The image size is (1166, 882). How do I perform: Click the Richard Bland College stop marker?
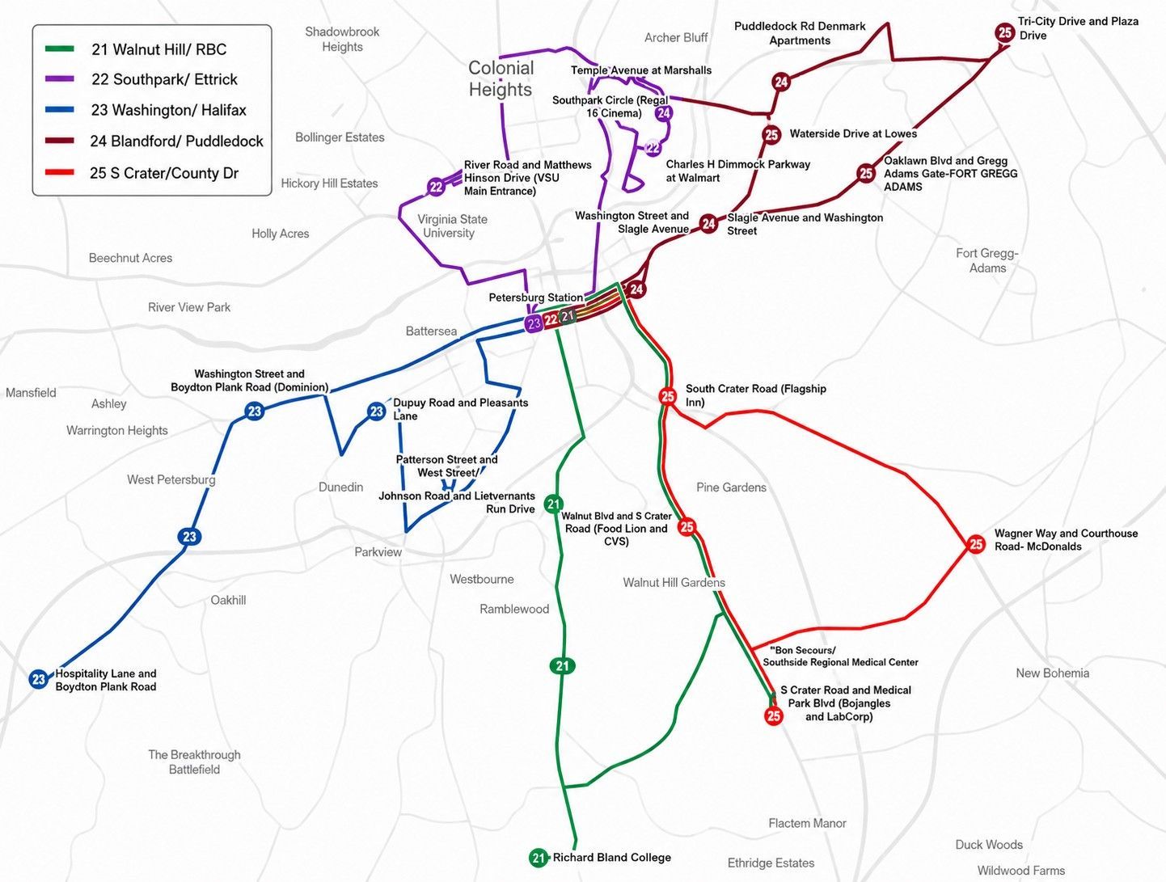click(539, 857)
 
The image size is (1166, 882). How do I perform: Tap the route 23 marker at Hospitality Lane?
click(39, 679)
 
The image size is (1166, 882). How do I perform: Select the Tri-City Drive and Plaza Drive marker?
click(1004, 33)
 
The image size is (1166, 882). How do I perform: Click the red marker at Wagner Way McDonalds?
click(976, 544)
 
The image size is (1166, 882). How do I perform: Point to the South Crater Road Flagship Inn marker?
click(667, 396)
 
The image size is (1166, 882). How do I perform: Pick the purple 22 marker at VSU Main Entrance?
click(436, 187)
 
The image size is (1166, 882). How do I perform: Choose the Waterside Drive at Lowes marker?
click(771, 135)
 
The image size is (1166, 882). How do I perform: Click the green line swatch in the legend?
click(60, 49)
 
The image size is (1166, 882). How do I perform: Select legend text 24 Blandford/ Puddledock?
click(177, 141)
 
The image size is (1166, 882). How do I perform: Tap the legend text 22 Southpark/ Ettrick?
click(165, 80)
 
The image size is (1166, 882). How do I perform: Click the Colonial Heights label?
click(501, 78)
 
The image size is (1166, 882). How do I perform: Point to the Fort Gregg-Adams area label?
click(987, 260)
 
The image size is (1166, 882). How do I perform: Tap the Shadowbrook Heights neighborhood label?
click(342, 40)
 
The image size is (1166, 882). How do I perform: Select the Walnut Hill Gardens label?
click(674, 583)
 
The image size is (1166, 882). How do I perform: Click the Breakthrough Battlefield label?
click(194, 762)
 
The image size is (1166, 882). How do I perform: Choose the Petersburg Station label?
click(535, 298)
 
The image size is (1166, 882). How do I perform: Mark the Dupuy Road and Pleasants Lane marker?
click(376, 411)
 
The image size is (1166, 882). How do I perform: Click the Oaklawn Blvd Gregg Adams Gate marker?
click(866, 173)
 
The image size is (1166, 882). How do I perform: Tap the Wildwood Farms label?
click(1021, 871)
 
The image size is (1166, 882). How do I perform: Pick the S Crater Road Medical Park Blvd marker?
click(774, 715)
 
